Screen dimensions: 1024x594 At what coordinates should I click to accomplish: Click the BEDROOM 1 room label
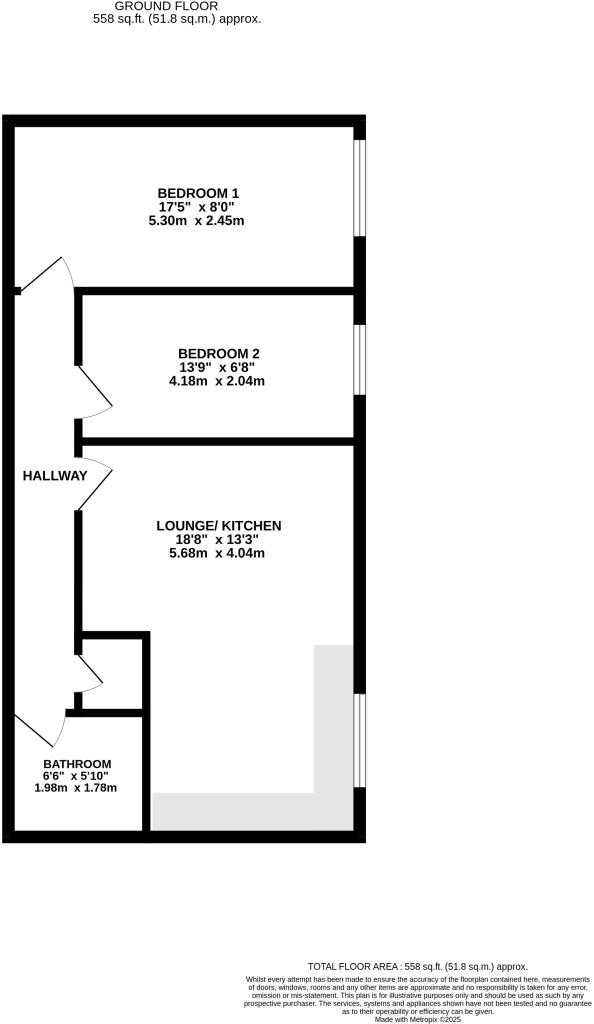pos(198,193)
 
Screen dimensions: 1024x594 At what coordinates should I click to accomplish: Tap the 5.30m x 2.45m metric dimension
pos(196,220)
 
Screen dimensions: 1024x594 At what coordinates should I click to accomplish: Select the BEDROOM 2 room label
pos(218,353)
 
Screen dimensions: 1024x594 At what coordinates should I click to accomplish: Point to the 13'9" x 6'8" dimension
pos(217,367)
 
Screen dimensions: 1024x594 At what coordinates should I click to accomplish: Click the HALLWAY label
pos(55,476)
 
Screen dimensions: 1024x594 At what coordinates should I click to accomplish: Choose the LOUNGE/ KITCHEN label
pos(218,525)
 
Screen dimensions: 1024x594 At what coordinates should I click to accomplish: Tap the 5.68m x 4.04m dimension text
pos(217,553)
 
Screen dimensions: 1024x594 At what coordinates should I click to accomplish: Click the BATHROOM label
pos(77,764)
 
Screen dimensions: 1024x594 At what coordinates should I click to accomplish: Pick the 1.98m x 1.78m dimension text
pos(75,788)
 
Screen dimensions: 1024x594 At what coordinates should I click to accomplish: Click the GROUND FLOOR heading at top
pos(166,6)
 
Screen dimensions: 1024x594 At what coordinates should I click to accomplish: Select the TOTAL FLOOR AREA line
pos(417,966)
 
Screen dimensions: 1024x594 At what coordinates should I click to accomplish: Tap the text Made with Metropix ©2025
pos(417,1019)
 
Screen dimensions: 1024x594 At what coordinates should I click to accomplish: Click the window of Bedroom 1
pos(359,187)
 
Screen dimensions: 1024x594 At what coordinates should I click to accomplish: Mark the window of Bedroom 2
pos(359,360)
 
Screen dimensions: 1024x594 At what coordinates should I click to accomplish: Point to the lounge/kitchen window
pos(359,740)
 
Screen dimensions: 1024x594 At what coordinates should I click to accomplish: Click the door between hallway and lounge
pos(95,485)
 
